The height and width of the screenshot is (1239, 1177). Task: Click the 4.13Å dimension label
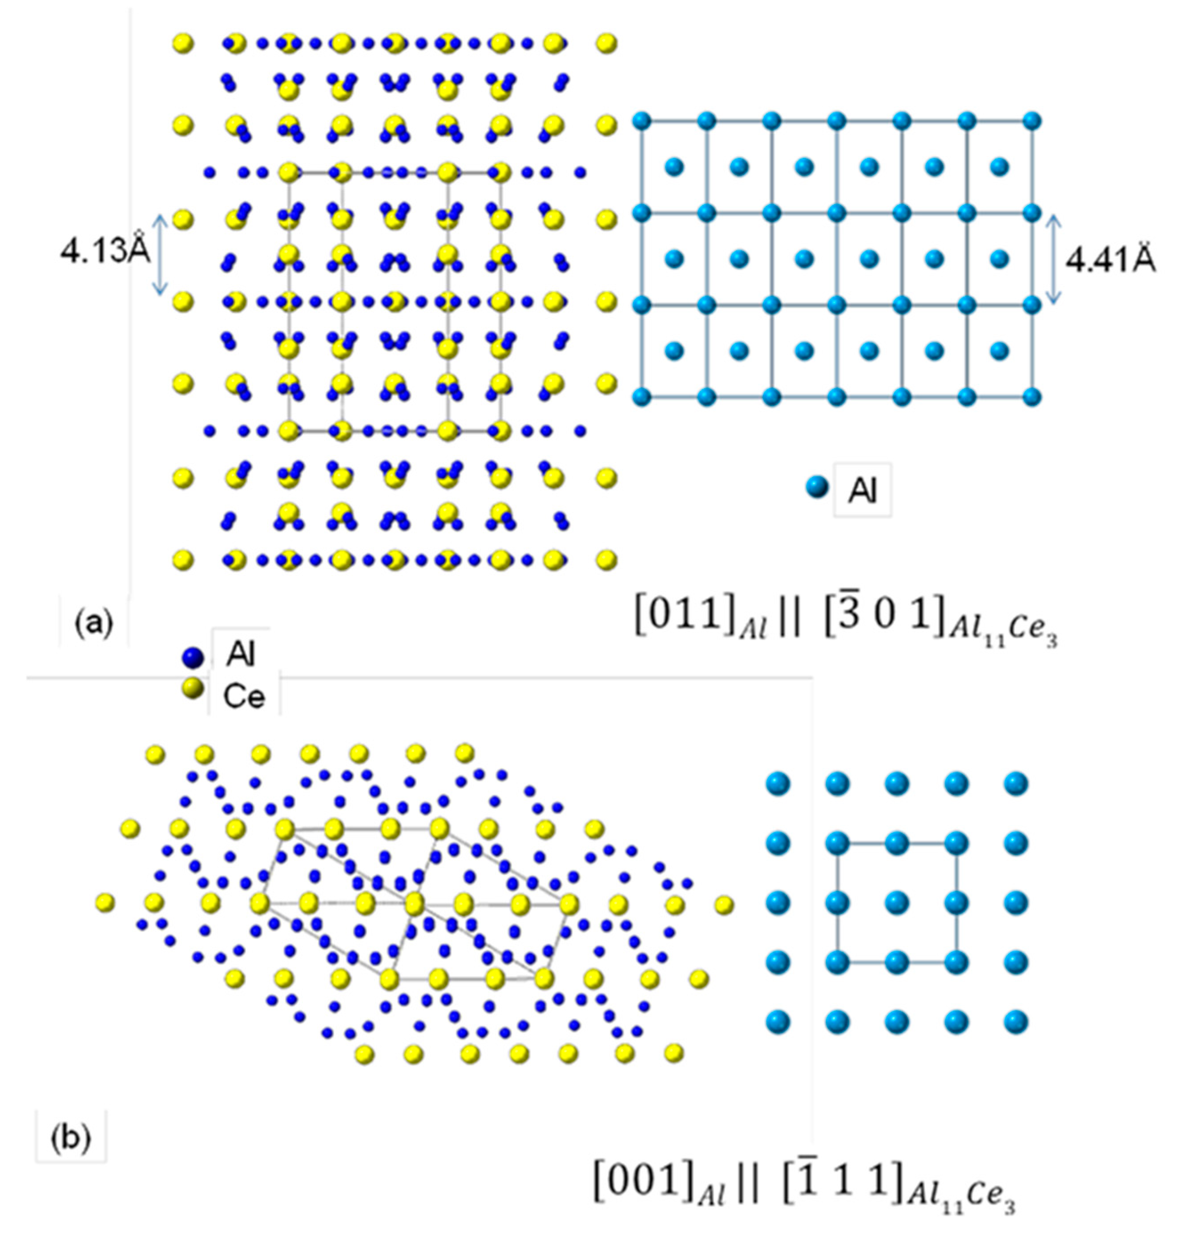coord(105,253)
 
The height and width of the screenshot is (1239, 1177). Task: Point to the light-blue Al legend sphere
coord(817,487)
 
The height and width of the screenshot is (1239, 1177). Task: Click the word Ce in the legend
coord(245,696)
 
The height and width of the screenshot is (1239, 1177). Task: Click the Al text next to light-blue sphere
coord(863,491)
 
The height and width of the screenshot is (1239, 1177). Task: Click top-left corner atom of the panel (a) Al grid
coord(641,121)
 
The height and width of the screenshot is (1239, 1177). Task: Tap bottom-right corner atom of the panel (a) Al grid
coord(1032,397)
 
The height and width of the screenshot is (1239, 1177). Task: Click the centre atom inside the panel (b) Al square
coord(897,903)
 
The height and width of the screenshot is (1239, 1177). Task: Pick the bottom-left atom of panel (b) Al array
coord(778,1022)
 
